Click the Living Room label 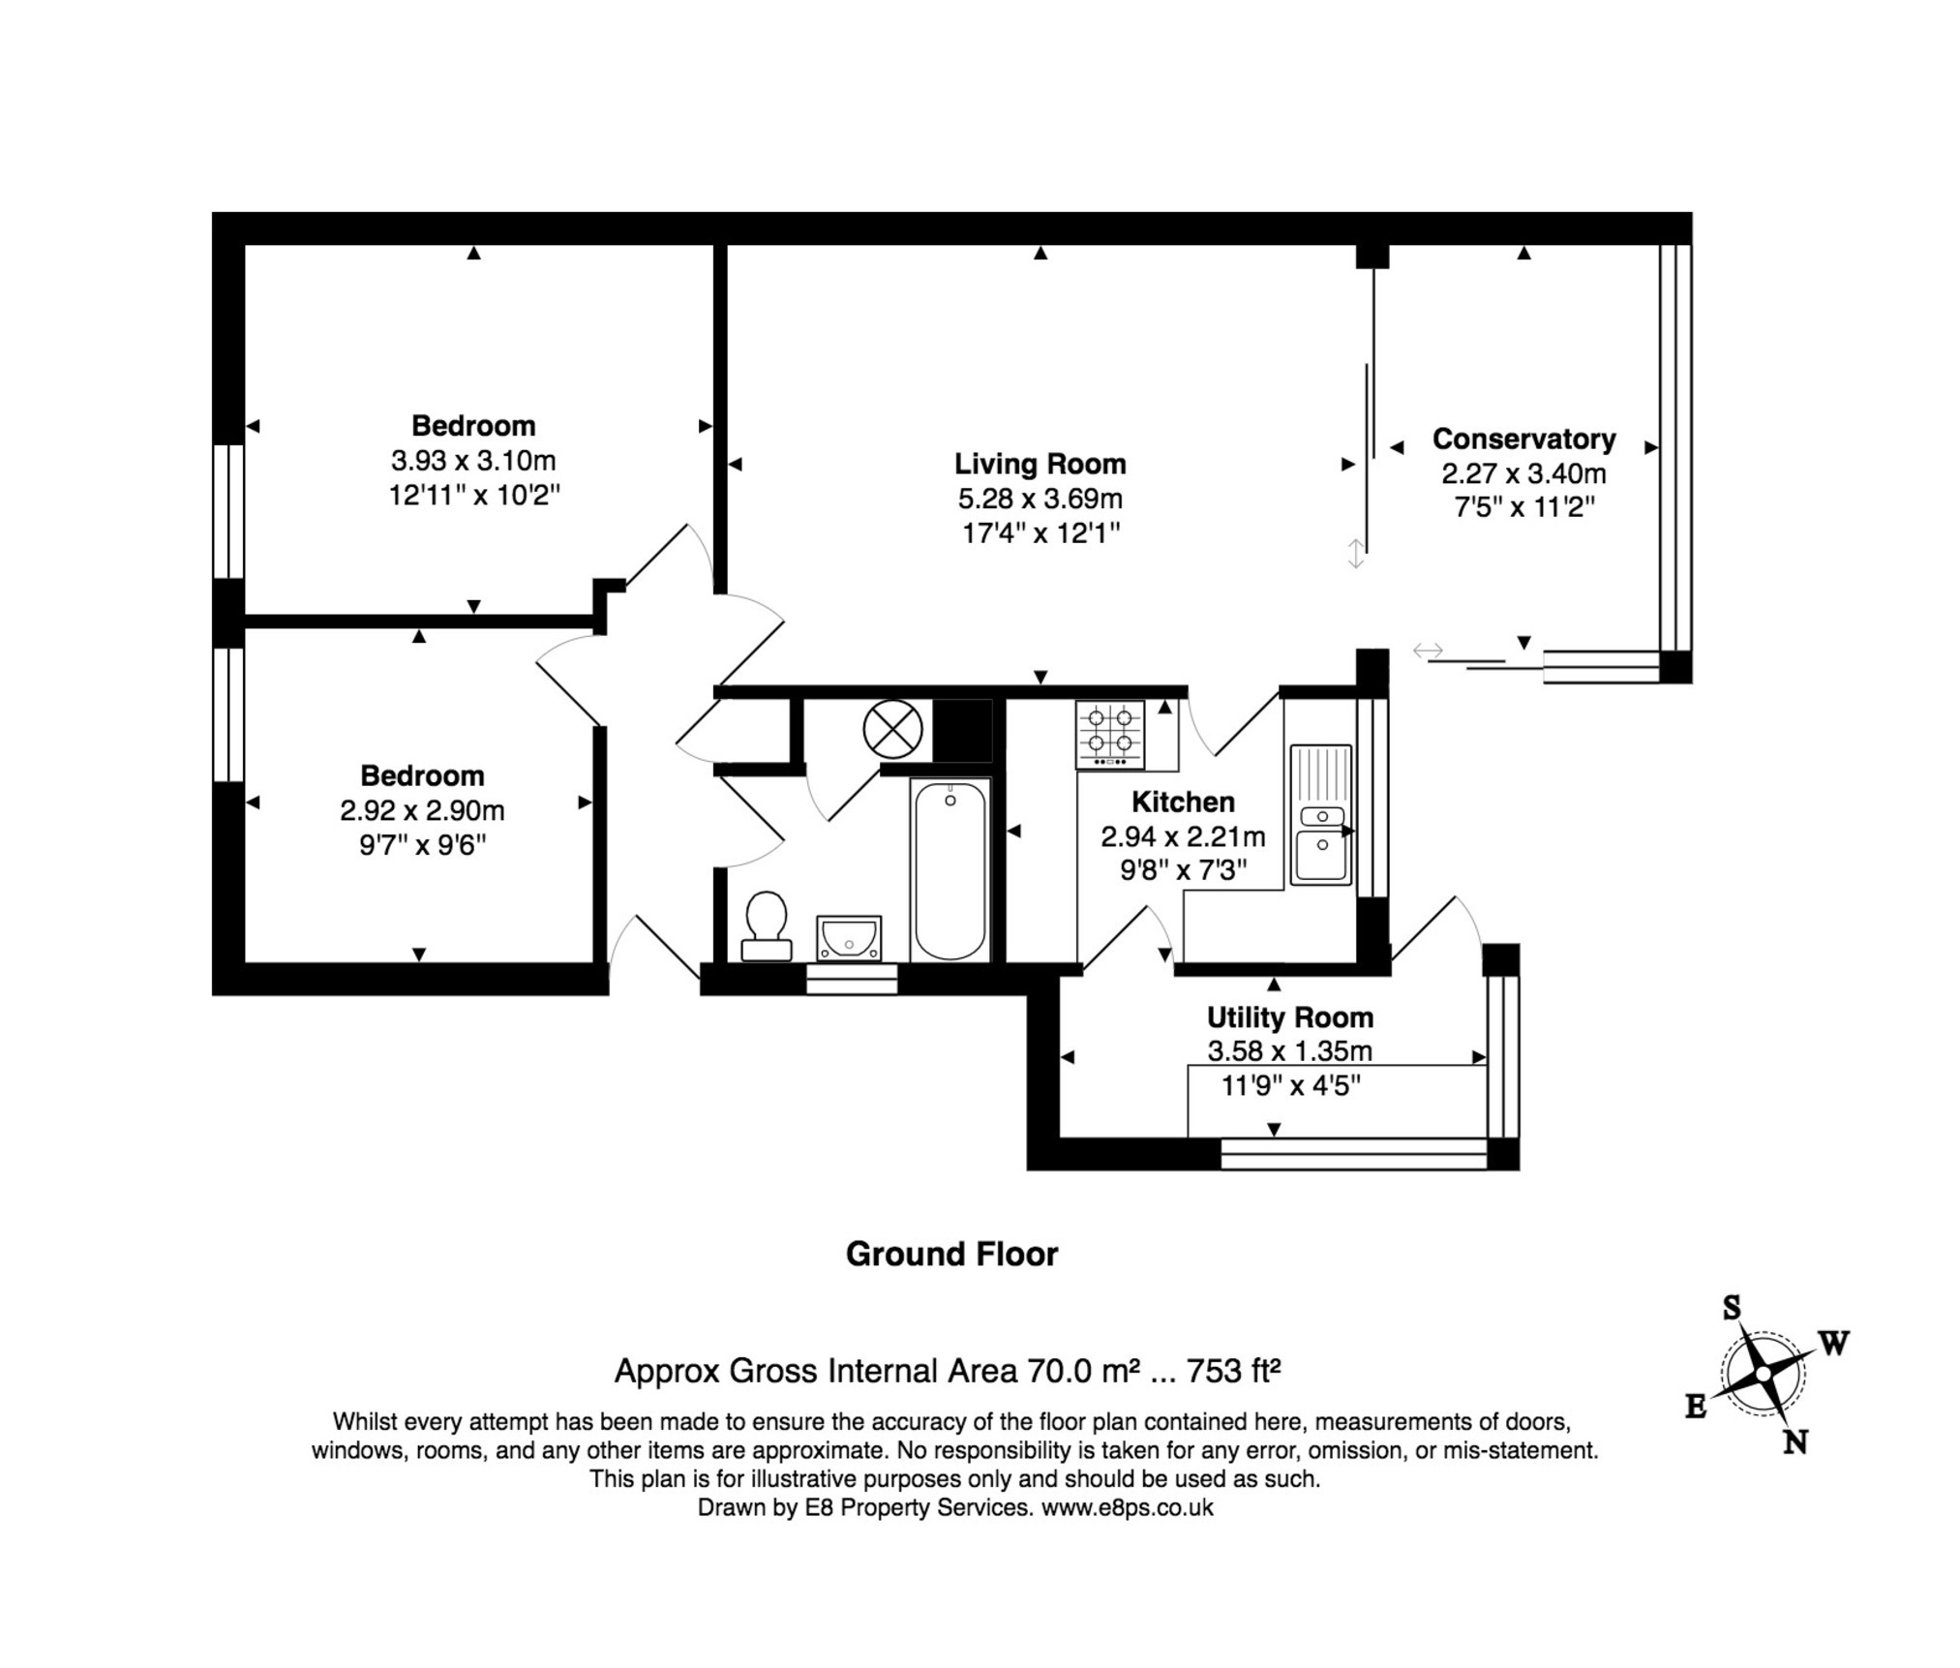pos(1040,464)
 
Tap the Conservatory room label pos(1523,439)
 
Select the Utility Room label pos(1289,1017)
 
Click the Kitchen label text pos(1183,802)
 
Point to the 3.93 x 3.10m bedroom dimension pos(473,460)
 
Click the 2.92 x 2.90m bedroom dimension pos(422,810)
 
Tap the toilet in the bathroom pos(767,926)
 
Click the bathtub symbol pos(950,870)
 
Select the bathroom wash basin pos(849,937)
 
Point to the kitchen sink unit pos(1320,814)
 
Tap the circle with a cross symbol pos(892,729)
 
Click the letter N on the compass pos(1795,1443)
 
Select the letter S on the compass pos(1732,1309)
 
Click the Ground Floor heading pos(951,1255)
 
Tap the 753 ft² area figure pos(1233,1371)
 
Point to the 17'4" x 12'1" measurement pos(1040,532)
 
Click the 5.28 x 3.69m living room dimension pos(1040,499)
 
